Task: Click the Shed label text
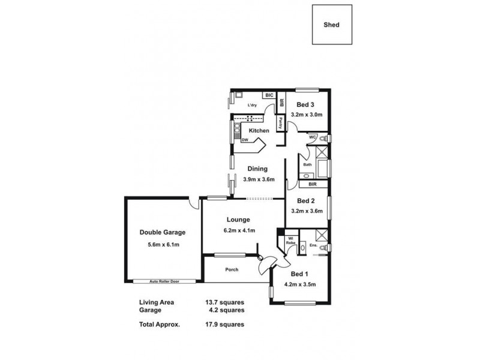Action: pos(332,26)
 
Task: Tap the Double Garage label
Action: pos(163,232)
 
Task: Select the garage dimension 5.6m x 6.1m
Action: pos(163,245)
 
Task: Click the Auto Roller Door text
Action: pos(164,281)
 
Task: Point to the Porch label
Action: pos(232,269)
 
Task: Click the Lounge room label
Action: pos(238,220)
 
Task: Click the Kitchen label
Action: pos(259,130)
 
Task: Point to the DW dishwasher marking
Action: pos(245,140)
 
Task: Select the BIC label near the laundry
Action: pos(269,95)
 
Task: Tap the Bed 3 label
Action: pos(306,104)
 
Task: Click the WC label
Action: pos(313,137)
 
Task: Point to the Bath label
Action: pos(307,164)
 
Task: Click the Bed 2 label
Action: pos(306,201)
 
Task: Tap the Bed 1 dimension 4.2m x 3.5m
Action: pos(300,284)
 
